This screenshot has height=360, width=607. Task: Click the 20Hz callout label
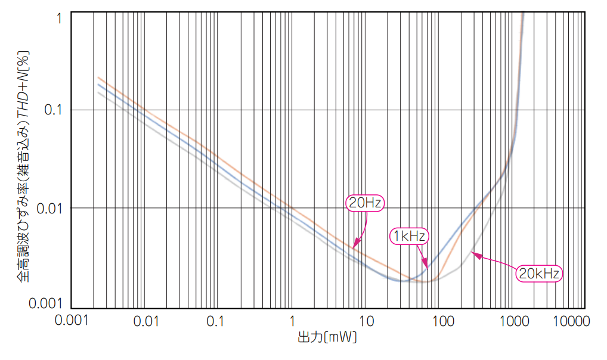click(x=365, y=203)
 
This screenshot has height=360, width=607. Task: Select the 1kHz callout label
click(x=409, y=236)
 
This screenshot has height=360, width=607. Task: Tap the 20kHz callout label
click(x=539, y=274)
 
